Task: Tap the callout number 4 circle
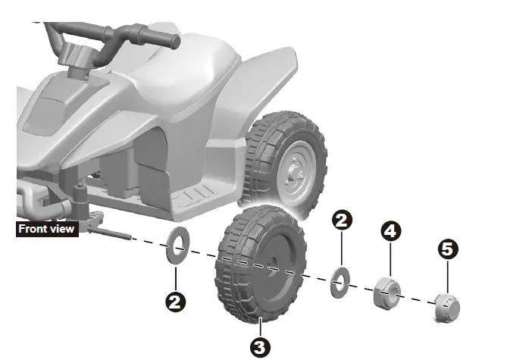pos(390,231)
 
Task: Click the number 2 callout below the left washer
pos(176,302)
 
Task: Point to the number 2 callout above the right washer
pos(342,221)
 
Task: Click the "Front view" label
pos(47,228)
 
